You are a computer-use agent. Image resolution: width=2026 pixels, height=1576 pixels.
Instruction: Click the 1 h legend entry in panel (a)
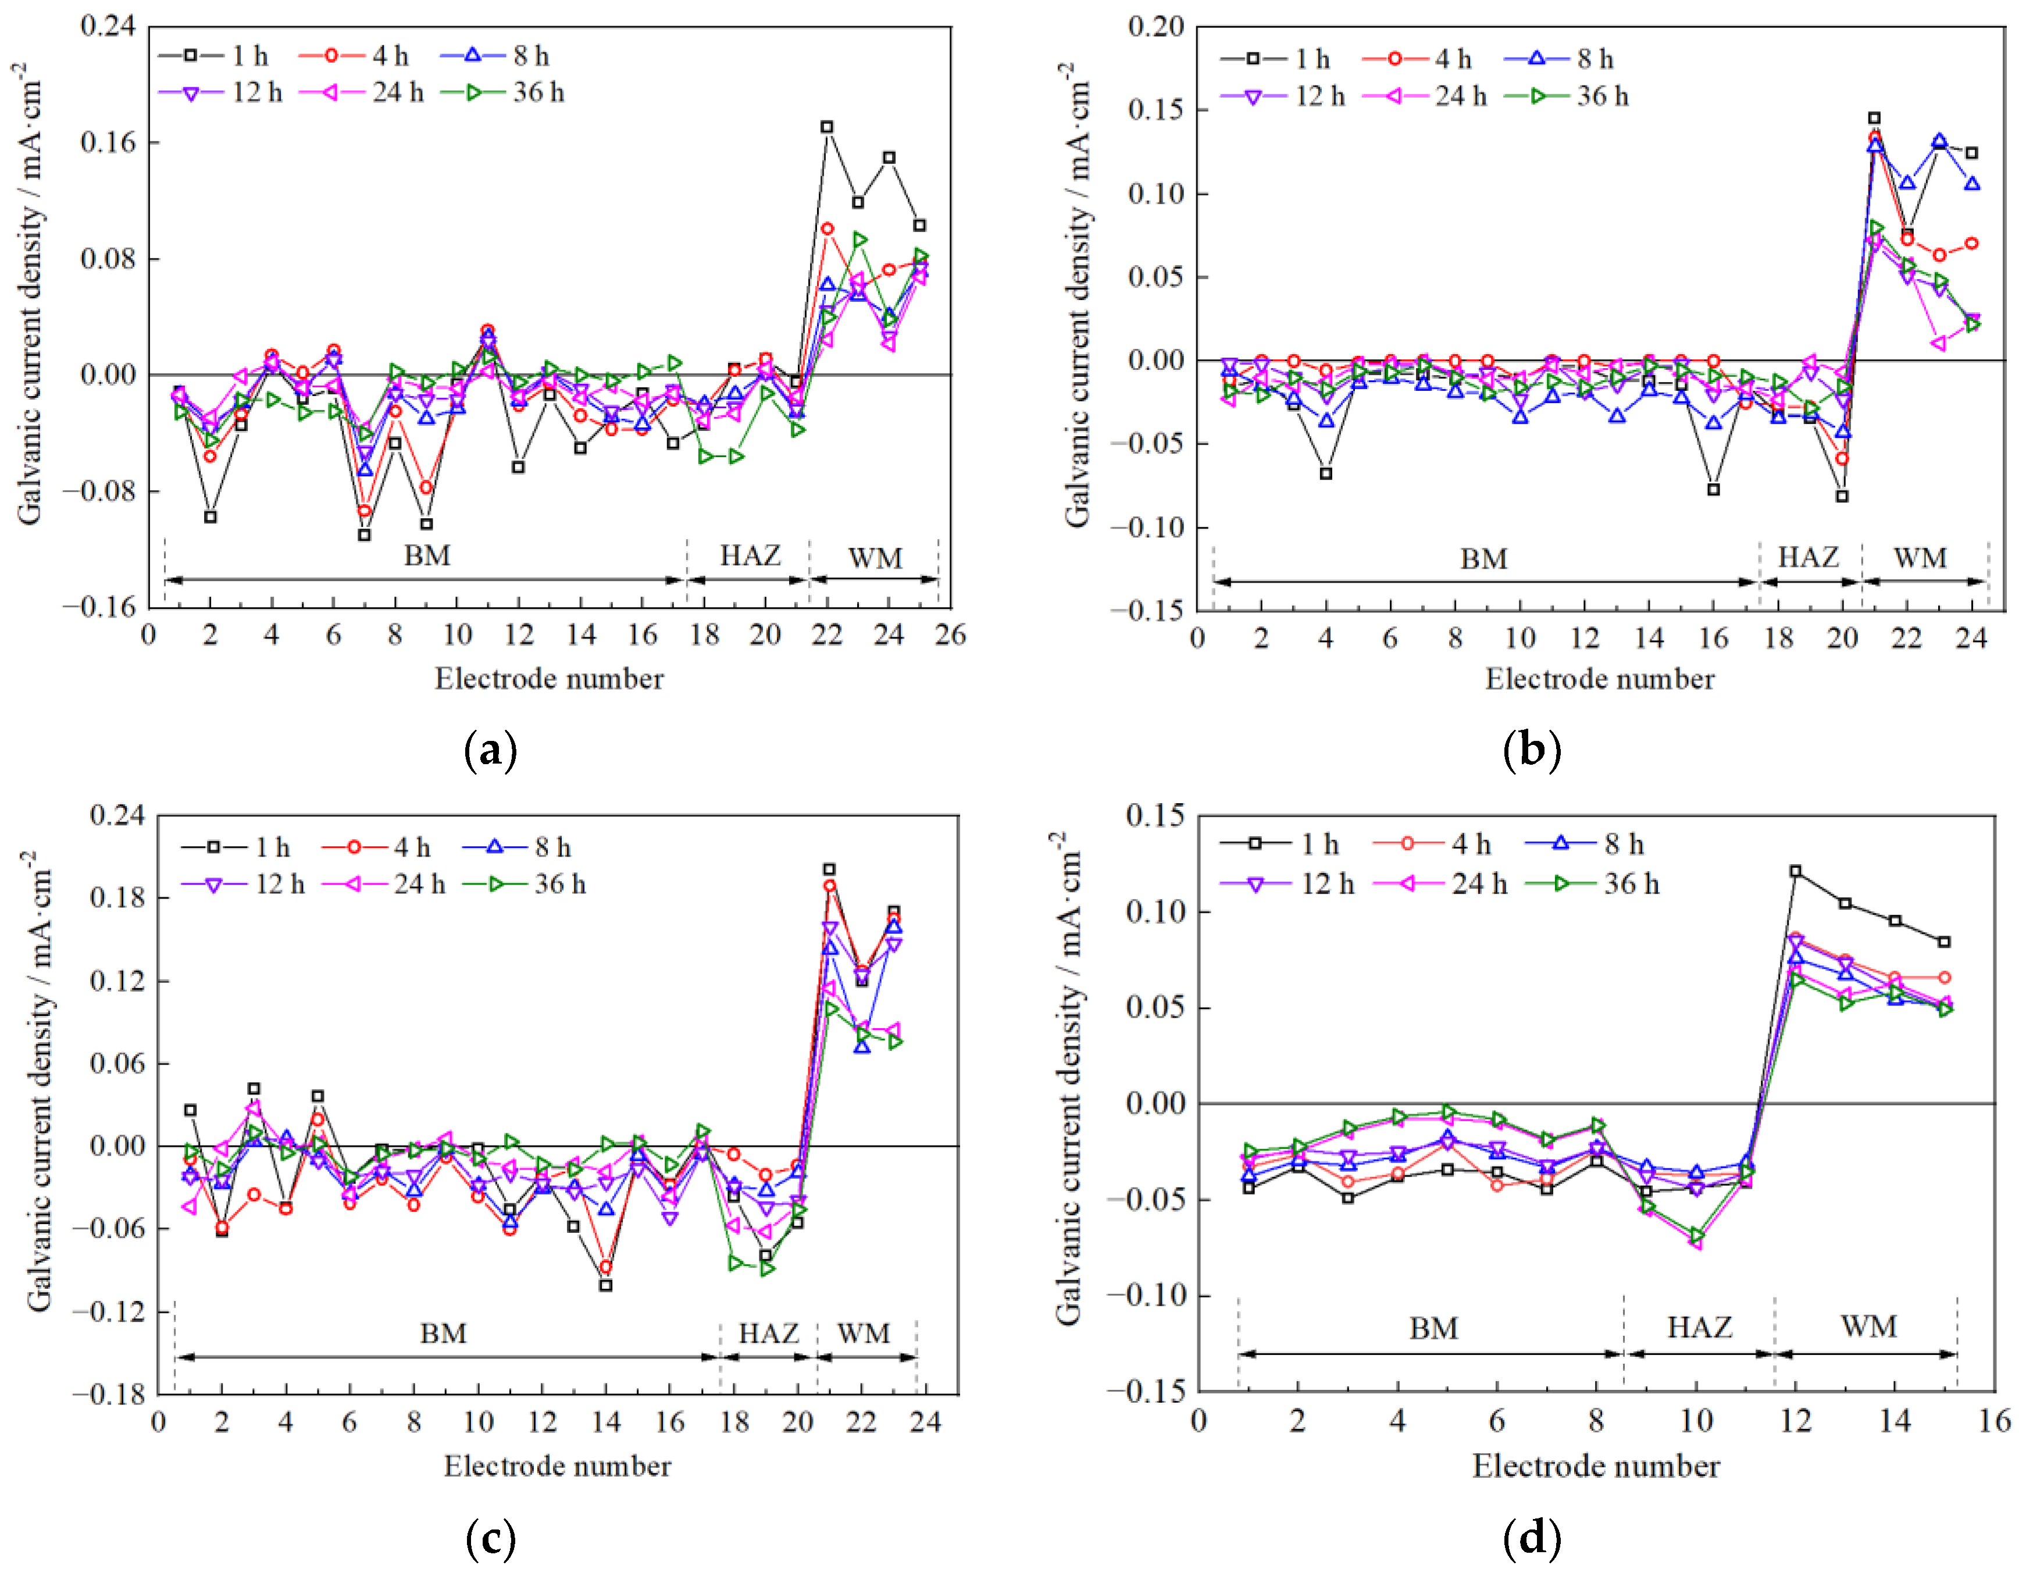click(214, 56)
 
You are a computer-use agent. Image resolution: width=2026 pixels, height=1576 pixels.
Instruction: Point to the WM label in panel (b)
click(1920, 558)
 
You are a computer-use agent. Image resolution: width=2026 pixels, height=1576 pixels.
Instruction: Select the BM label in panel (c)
click(443, 1333)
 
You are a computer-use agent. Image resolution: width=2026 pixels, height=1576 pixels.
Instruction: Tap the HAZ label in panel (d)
click(1699, 1327)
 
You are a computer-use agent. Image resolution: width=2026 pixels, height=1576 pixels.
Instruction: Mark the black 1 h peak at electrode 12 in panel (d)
click(1796, 871)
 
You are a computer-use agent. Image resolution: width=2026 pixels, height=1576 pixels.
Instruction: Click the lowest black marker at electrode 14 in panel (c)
click(606, 1286)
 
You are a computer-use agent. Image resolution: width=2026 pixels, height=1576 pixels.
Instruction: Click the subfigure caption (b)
click(1532, 750)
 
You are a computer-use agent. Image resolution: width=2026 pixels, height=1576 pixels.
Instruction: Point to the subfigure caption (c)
click(490, 1539)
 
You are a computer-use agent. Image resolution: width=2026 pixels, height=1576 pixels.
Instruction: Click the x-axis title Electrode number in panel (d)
click(1596, 1467)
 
